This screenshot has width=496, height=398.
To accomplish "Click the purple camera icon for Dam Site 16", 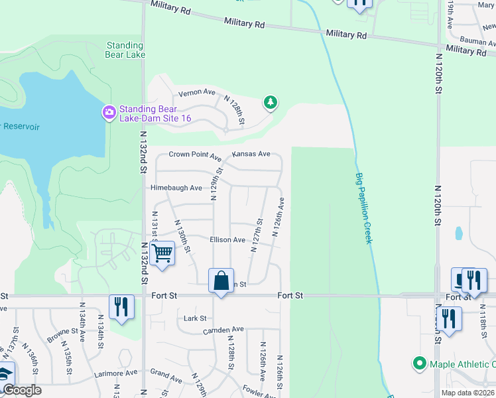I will pos(109,113).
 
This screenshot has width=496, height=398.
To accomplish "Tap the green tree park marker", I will pos(270,102).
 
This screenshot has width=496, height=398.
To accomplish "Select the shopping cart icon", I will pos(162,253).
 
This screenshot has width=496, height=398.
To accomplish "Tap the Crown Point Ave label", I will pos(195,155).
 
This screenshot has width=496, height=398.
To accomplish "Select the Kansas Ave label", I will pos(251,154).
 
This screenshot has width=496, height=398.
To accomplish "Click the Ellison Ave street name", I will pos(227,239).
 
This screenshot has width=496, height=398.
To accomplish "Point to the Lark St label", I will pos(195,318).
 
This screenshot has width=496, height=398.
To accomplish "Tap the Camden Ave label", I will pos(223,330).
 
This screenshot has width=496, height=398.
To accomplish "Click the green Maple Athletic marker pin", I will pos(419,364).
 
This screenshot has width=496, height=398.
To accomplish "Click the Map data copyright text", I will pos(467,393).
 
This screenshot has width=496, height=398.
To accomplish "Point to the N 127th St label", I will pos(258,230).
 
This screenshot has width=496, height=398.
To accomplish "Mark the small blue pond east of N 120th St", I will pos(458,233).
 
